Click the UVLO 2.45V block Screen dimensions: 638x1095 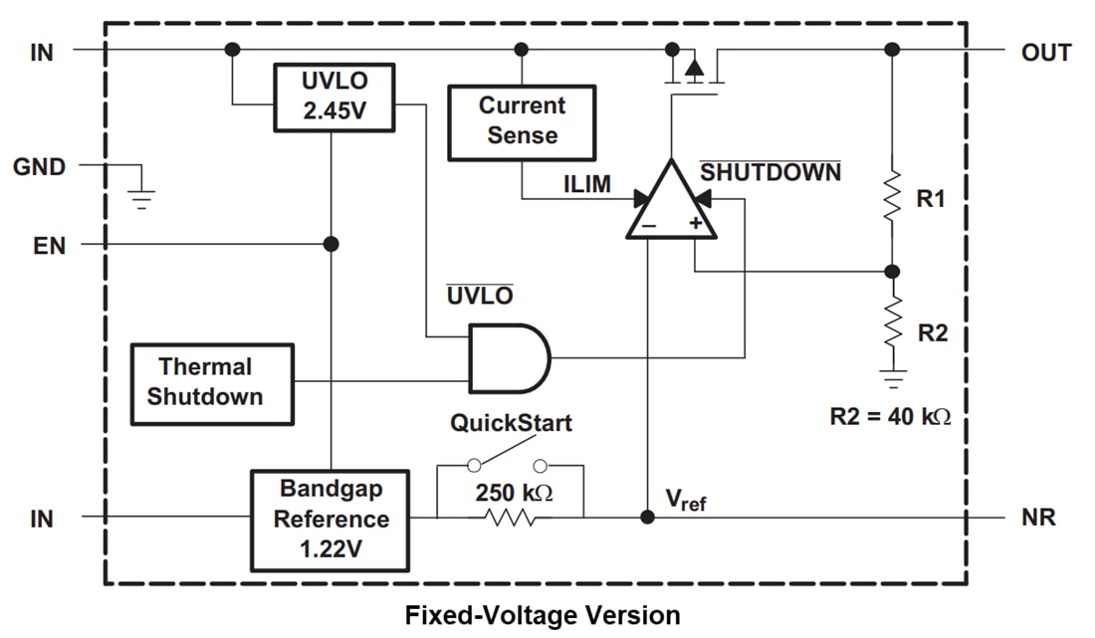click(333, 97)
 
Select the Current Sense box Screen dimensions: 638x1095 click(521, 121)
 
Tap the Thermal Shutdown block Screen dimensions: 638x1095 click(212, 383)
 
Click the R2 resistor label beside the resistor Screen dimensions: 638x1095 click(932, 333)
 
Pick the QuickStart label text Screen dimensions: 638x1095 click(511, 423)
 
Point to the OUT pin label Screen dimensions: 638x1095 click(1046, 53)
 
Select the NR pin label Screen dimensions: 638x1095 click(1038, 518)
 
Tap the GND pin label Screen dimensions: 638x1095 click(40, 167)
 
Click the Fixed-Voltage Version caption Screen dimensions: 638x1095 click(543, 615)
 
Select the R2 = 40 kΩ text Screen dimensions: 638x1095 click(891, 417)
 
